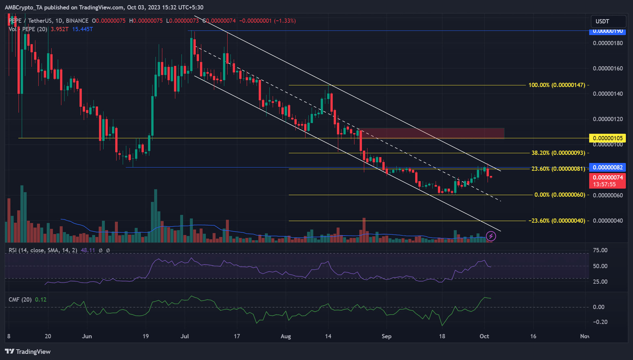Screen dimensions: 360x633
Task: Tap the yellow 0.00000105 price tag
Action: pyautogui.click(x=607, y=138)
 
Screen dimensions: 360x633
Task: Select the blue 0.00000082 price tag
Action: pyautogui.click(x=607, y=168)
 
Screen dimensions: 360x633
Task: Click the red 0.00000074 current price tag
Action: pyautogui.click(x=607, y=178)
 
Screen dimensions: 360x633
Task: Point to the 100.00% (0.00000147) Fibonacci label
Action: pyautogui.click(x=557, y=85)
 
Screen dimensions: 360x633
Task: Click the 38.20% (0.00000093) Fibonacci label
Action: pyautogui.click(x=558, y=153)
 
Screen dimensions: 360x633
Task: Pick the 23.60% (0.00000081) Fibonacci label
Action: pyautogui.click(x=558, y=169)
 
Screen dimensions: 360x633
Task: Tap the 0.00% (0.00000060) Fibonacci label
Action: pyautogui.click(x=560, y=195)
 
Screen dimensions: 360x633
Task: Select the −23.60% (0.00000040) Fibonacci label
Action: pyautogui.click(x=557, y=221)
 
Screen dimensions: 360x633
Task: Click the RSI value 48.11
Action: pyautogui.click(x=88, y=250)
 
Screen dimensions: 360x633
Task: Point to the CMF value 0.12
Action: pyautogui.click(x=41, y=300)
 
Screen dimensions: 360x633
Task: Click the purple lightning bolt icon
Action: pyautogui.click(x=491, y=236)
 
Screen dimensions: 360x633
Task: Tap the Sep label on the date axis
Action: pyautogui.click(x=386, y=336)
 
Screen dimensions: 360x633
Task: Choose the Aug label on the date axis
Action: pyautogui.click(x=286, y=336)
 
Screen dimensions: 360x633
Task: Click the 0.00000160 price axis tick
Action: pyautogui.click(x=608, y=68)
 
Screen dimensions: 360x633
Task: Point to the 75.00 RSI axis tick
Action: pyautogui.click(x=600, y=250)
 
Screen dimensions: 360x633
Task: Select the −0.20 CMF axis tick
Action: pyautogui.click(x=598, y=322)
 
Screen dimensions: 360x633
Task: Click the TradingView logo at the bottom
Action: pyautogui.click(x=28, y=352)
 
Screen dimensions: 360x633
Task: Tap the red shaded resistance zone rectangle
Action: pyautogui.click(x=432, y=133)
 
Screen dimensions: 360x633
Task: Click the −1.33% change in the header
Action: pyautogui.click(x=285, y=21)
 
